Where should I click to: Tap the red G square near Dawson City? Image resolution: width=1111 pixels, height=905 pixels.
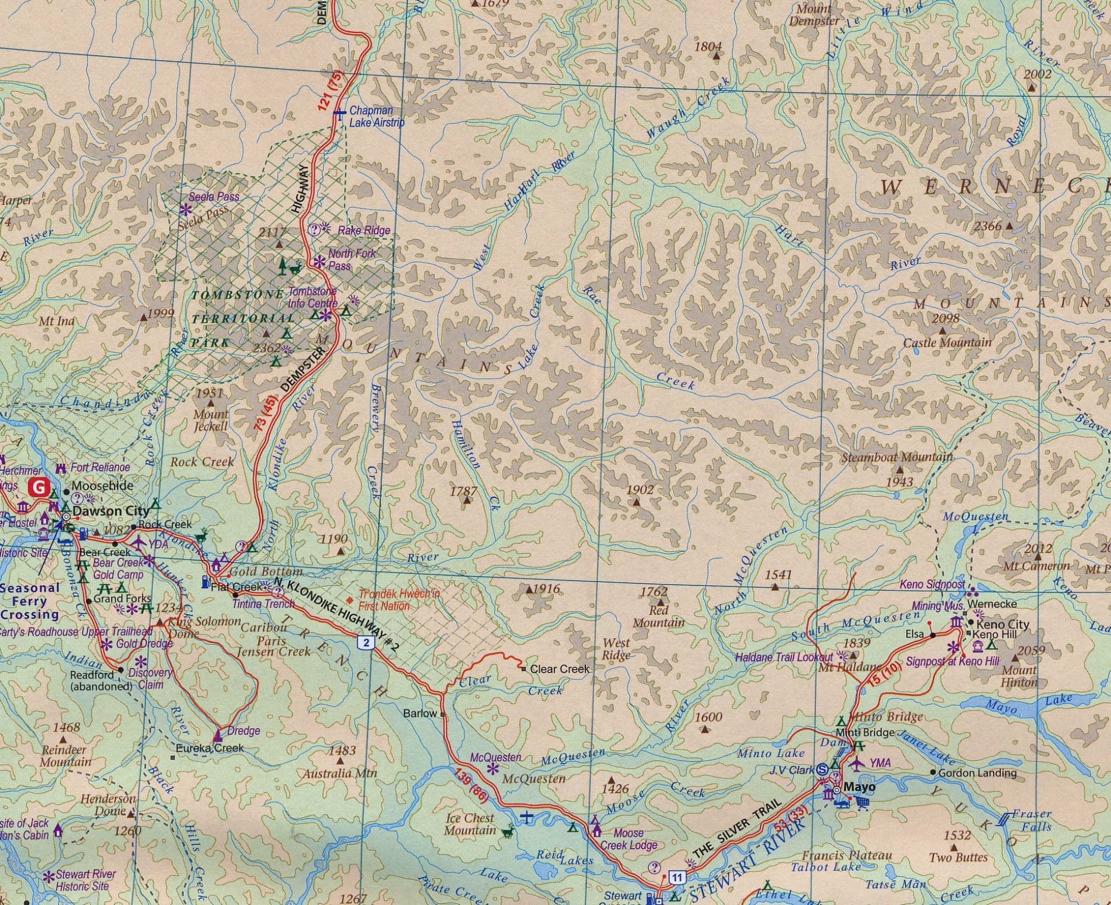pyautogui.click(x=39, y=487)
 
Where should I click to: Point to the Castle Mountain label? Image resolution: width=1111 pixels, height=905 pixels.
pyautogui.click(x=947, y=342)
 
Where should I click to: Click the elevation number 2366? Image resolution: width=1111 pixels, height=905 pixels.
pyautogui.click(x=987, y=226)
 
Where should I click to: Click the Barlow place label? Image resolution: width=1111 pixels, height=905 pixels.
pyautogui.click(x=420, y=713)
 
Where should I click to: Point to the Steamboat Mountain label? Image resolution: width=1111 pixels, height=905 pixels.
pyautogui.click(x=897, y=457)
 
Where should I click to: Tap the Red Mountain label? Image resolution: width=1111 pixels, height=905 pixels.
pyautogui.click(x=658, y=616)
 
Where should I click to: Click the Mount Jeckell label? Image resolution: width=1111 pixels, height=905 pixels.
pyautogui.click(x=211, y=420)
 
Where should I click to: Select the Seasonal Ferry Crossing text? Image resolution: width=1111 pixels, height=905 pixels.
pyautogui.click(x=30, y=601)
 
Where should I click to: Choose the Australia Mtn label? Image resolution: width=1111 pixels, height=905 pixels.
pyautogui.click(x=339, y=773)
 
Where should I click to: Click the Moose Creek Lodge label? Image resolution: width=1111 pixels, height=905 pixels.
pyautogui.click(x=628, y=839)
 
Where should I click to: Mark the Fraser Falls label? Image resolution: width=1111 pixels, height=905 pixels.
pyautogui.click(x=1033, y=820)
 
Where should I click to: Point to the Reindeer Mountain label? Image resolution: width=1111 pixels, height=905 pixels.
pyautogui.click(x=65, y=756)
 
